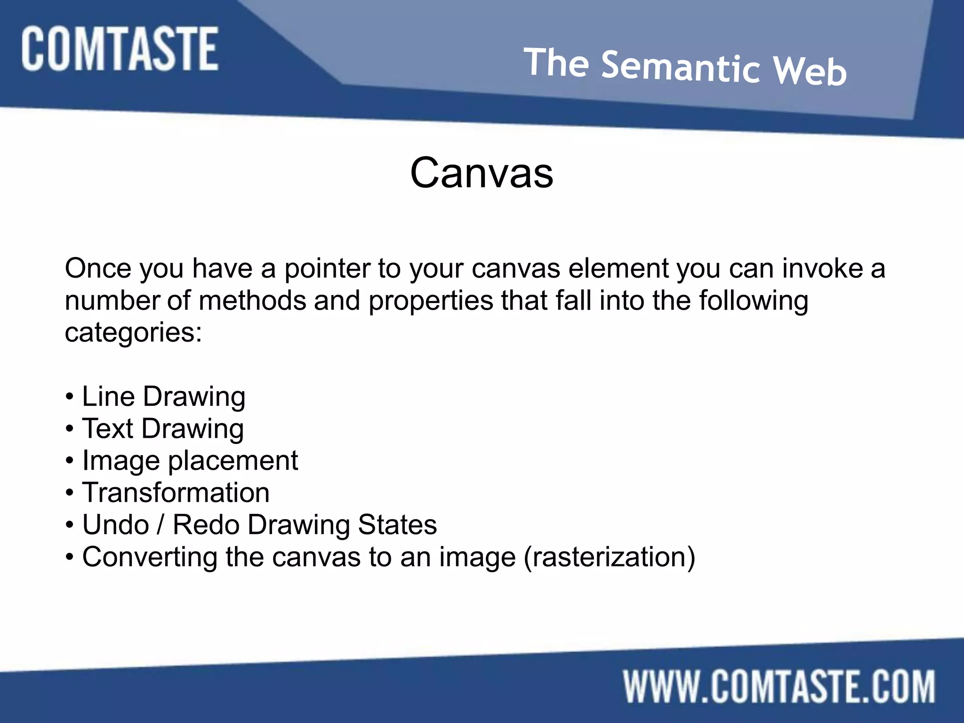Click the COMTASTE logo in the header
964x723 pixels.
[120, 49]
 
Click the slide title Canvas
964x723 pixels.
[482, 173]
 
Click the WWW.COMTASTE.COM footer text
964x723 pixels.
[779, 687]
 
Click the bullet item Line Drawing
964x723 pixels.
[163, 397]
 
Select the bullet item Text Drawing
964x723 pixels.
[163, 429]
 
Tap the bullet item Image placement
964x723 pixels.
[190, 461]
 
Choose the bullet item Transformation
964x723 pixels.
[176, 493]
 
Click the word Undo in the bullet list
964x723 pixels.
[115, 525]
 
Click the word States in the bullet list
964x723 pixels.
[397, 525]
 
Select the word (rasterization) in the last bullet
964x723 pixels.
[609, 557]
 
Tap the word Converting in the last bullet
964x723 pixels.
[150, 557]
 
